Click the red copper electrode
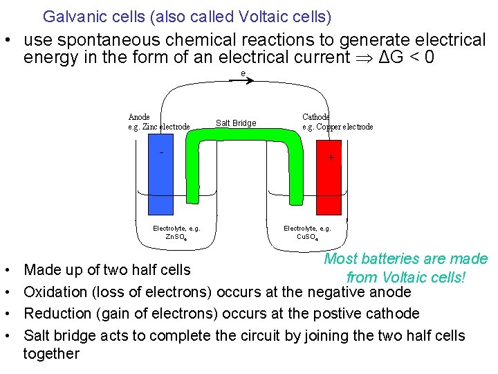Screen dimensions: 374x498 [329, 184]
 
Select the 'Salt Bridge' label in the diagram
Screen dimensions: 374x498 [236, 123]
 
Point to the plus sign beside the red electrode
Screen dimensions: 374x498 [331, 158]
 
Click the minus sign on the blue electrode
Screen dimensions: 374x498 [161, 152]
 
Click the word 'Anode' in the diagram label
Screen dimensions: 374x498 [139, 117]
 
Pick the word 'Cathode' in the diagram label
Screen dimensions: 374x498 [315, 117]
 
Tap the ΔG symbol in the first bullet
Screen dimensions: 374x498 [383, 57]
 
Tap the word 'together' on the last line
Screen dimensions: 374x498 [51, 354]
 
